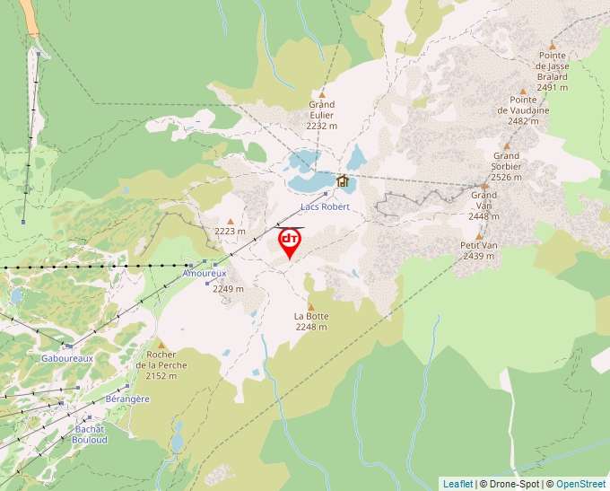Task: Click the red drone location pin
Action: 290,242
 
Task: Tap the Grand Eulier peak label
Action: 321,115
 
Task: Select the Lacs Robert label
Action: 324,206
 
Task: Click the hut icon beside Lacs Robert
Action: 342,180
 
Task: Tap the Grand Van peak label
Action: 484,206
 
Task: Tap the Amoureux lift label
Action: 205,272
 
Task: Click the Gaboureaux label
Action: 67,357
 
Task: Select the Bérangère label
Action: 127,398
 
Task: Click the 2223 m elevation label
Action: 230,231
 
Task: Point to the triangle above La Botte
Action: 311,306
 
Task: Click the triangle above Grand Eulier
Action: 321,93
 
